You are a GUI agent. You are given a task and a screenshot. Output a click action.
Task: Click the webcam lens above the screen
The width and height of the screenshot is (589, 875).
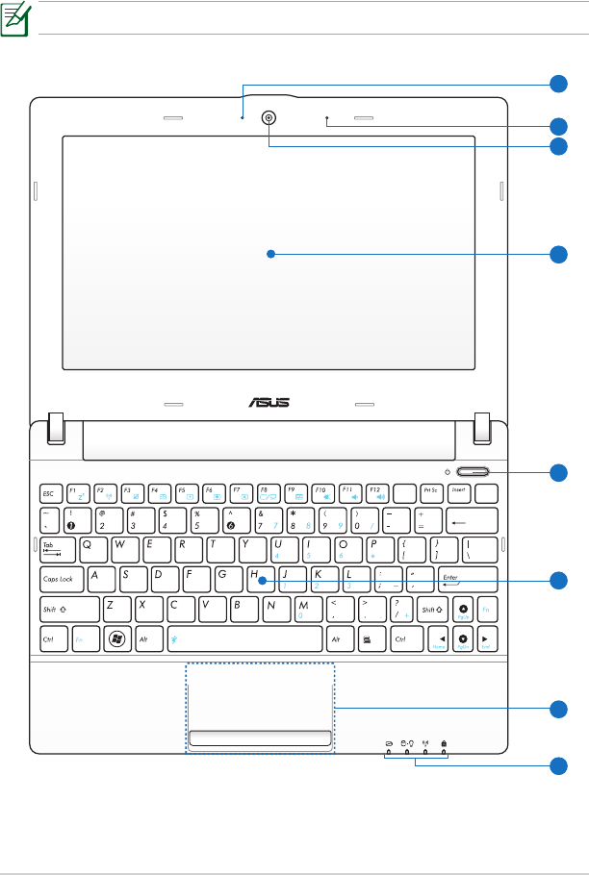coord(269,119)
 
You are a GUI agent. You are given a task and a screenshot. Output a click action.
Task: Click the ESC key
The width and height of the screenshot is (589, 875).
coord(51,492)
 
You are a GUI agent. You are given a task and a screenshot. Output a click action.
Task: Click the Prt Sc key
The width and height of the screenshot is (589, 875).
coord(433,492)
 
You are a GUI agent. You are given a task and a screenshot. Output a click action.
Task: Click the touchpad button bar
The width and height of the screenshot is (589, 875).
coord(261,737)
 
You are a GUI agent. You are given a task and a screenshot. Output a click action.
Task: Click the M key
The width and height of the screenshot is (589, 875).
coord(306,609)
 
